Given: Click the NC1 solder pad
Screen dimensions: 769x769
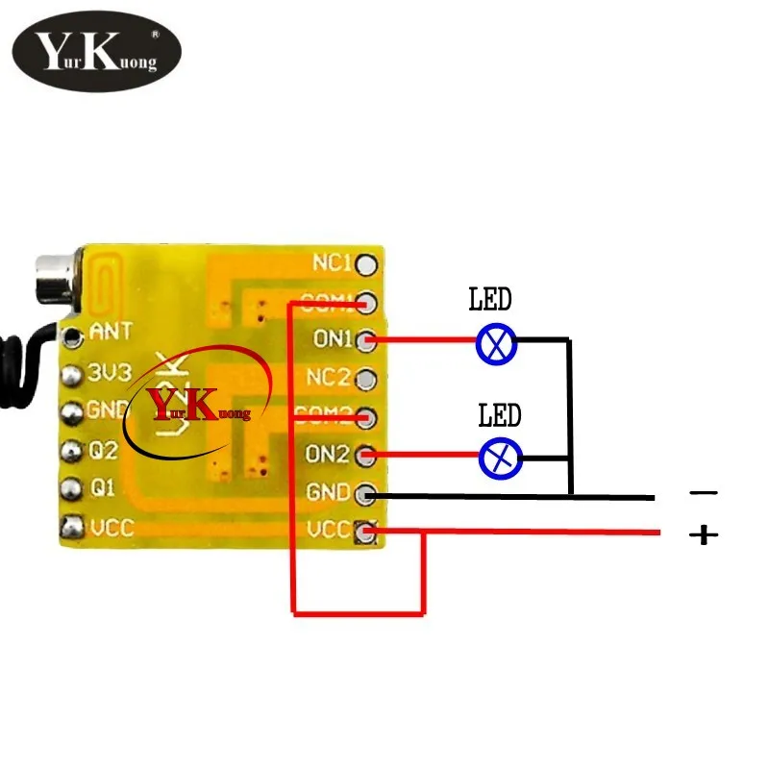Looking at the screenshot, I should coord(366,264).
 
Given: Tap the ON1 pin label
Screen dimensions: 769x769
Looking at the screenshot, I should coord(333,339).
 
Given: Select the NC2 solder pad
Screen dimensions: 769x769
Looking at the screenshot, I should coord(366,378).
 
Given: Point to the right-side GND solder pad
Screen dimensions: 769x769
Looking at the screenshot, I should coord(366,495).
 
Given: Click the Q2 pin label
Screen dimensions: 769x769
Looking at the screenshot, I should coord(104,449).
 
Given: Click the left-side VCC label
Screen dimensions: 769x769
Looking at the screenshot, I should coord(112,527).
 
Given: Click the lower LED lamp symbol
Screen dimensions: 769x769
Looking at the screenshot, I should coord(500,459).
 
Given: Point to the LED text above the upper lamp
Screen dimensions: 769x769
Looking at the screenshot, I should coord(490,300).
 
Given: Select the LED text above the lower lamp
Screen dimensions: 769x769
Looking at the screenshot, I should coord(500,415).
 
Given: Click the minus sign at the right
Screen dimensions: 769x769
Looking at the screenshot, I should coord(704,493).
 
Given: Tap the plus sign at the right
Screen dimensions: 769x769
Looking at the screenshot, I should coord(704,534).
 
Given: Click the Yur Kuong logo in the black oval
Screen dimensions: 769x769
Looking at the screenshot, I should coord(96,53).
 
